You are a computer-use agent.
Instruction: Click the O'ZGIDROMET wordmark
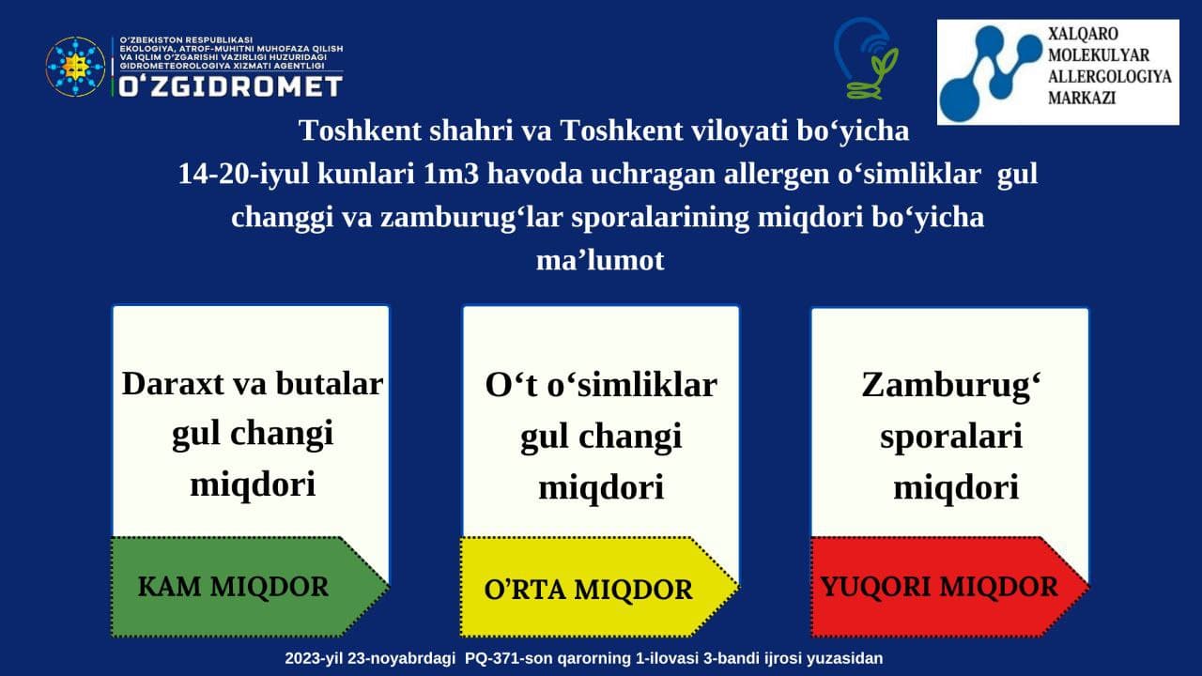(x=230, y=85)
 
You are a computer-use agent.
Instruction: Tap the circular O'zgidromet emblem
(x=75, y=67)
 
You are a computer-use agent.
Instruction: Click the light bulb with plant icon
(x=866, y=59)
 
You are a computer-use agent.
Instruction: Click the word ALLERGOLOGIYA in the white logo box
(x=1110, y=76)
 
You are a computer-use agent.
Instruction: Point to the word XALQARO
(x=1083, y=34)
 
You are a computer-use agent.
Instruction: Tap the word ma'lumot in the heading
(x=600, y=261)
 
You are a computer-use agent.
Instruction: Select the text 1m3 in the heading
(x=451, y=175)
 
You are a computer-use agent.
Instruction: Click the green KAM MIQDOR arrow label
(x=250, y=587)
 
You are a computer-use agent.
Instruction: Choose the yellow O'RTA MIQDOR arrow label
(x=599, y=588)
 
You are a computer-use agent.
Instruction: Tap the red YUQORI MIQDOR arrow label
(x=949, y=587)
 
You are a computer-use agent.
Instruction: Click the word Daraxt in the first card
(x=173, y=384)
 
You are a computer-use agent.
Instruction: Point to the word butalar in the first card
(x=329, y=384)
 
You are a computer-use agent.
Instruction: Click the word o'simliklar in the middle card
(x=632, y=385)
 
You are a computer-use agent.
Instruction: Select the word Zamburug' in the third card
(x=951, y=386)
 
